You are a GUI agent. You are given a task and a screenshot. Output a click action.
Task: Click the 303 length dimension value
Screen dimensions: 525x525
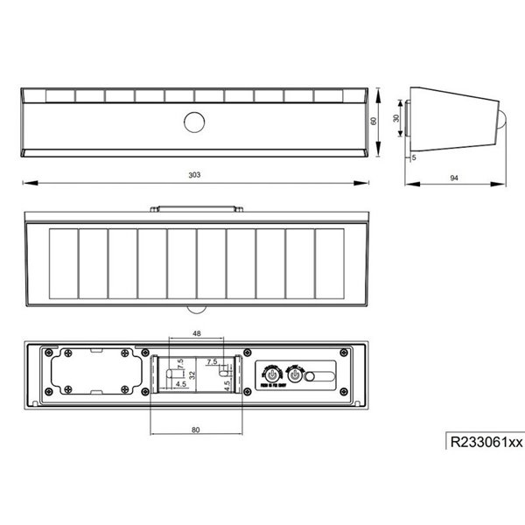[194, 175]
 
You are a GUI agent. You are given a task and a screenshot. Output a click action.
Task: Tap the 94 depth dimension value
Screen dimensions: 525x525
[454, 178]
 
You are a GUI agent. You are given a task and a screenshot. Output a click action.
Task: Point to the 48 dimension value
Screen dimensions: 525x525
[194, 333]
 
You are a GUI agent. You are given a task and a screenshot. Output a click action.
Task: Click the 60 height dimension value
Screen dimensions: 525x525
[374, 122]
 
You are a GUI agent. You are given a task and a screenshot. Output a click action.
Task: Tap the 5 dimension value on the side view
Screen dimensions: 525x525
[415, 158]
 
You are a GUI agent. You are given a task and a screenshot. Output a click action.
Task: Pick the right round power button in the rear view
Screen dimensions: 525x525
[295, 375]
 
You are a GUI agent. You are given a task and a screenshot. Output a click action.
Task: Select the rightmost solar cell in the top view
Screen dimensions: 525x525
[329, 262]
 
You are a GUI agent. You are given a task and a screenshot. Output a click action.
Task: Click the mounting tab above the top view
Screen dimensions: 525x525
[194, 208]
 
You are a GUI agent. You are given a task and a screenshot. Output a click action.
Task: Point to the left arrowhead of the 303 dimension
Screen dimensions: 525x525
[24, 183]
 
